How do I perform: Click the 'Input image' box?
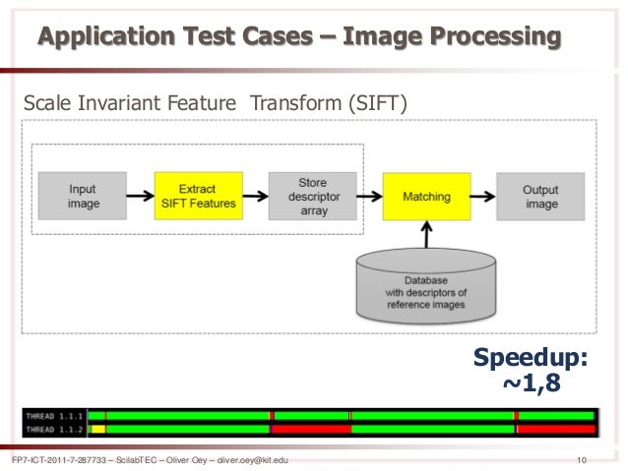pyautogui.click(x=84, y=196)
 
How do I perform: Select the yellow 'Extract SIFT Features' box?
pyautogui.click(x=198, y=196)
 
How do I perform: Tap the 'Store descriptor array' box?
pyautogui.click(x=312, y=196)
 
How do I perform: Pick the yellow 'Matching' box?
pyautogui.click(x=426, y=196)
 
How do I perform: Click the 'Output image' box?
pyautogui.click(x=540, y=196)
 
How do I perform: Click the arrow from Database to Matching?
pyautogui.click(x=427, y=234)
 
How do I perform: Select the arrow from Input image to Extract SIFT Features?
pyautogui.click(x=141, y=196)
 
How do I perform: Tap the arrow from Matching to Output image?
pyautogui.click(x=483, y=196)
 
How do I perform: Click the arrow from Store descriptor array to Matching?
pyautogui.click(x=369, y=196)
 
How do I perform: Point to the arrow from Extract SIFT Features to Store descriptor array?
pyautogui.click(x=255, y=196)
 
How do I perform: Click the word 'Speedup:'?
pyautogui.click(x=532, y=359)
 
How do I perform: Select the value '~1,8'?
pyautogui.click(x=532, y=383)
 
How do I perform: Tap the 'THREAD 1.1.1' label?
pyautogui.click(x=55, y=416)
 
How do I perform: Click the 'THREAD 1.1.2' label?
pyautogui.click(x=55, y=429)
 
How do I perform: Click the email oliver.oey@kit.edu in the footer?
pyautogui.click(x=244, y=460)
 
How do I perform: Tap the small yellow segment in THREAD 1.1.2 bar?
pyautogui.click(x=97, y=429)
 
